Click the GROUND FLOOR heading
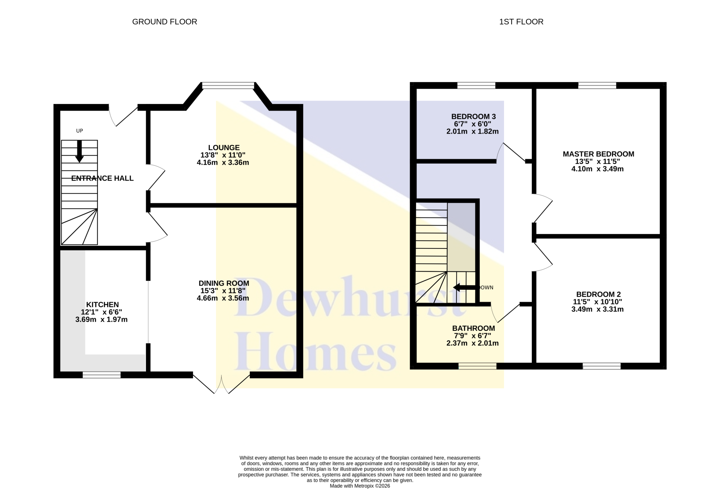pyautogui.click(x=165, y=22)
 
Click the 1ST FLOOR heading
pyautogui.click(x=521, y=22)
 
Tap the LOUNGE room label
pyautogui.click(x=224, y=148)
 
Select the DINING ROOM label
pyautogui.click(x=224, y=283)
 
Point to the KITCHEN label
pyautogui.click(x=103, y=305)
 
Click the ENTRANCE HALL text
pyautogui.click(x=103, y=178)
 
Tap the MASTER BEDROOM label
pyautogui.click(x=599, y=154)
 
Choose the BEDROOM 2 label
pyautogui.click(x=599, y=294)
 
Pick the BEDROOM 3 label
pyautogui.click(x=474, y=116)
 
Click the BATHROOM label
pyautogui.click(x=474, y=328)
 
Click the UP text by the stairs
pyautogui.click(x=80, y=131)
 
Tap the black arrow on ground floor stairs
pyautogui.click(x=80, y=151)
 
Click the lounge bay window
pyautogui.click(x=228, y=86)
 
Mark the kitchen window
pyautogui.click(x=102, y=375)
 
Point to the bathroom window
pyautogui.click(x=477, y=366)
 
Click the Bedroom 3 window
pyautogui.click(x=476, y=86)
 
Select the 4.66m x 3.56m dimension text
pyautogui.click(x=223, y=298)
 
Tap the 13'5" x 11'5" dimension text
pyautogui.click(x=598, y=161)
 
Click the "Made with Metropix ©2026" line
pyautogui.click(x=360, y=486)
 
